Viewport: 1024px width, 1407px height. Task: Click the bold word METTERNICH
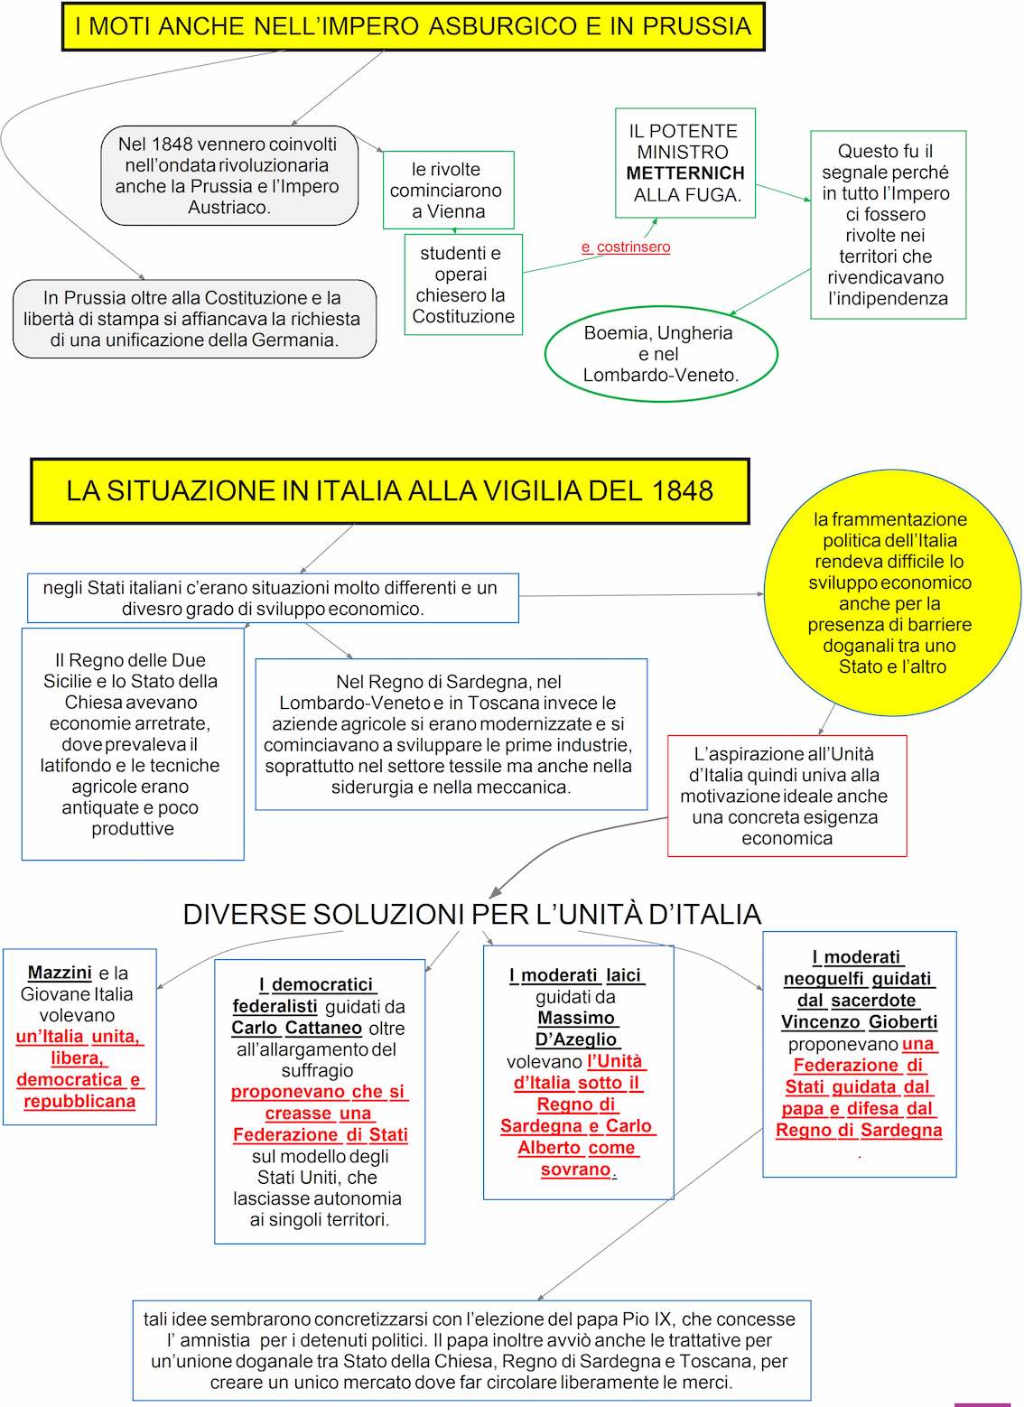click(685, 172)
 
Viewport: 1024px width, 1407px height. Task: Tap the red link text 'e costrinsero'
click(626, 247)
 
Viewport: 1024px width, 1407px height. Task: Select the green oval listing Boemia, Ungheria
click(661, 354)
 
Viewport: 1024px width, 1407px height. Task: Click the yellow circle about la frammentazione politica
click(891, 592)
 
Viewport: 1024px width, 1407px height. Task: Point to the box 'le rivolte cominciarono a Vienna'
click(449, 190)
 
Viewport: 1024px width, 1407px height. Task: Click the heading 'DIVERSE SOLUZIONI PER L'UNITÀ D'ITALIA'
click(471, 914)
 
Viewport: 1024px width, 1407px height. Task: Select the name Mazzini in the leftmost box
click(60, 973)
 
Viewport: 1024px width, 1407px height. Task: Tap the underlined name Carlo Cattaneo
click(296, 1028)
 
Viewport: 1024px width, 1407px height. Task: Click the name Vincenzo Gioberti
click(859, 1021)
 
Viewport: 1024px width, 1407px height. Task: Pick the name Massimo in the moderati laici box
click(576, 1018)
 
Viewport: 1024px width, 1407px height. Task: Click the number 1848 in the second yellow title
click(683, 490)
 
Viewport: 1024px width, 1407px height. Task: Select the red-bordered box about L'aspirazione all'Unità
click(787, 796)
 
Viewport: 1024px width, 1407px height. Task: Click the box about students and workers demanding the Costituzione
click(463, 284)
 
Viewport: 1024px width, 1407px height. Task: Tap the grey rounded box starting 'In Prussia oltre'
click(194, 319)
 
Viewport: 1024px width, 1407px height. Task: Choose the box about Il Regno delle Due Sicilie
click(133, 743)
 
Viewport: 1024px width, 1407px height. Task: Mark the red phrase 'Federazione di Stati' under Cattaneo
click(320, 1134)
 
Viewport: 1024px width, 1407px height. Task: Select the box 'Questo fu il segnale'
click(888, 225)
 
